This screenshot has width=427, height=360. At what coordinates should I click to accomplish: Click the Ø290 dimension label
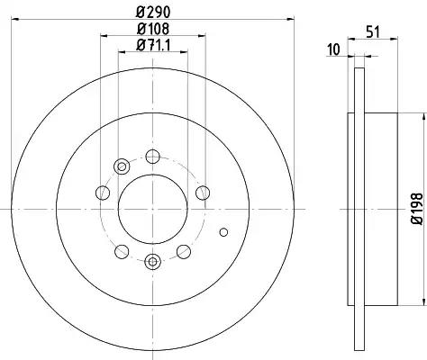(153, 12)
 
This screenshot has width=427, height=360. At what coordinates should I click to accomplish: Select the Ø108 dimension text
(153, 29)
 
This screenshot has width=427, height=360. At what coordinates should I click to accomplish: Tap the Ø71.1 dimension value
(153, 46)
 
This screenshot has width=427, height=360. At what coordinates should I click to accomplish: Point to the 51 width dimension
(373, 31)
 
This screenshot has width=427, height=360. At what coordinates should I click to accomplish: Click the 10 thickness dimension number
(333, 49)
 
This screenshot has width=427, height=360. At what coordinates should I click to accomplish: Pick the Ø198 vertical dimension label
(416, 209)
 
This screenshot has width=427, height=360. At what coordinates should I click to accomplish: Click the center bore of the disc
(153, 209)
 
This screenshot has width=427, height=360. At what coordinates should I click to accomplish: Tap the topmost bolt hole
(152, 157)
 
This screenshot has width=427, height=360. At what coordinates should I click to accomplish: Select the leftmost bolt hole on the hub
(103, 193)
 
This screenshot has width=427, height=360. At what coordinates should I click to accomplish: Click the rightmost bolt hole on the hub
(203, 193)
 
